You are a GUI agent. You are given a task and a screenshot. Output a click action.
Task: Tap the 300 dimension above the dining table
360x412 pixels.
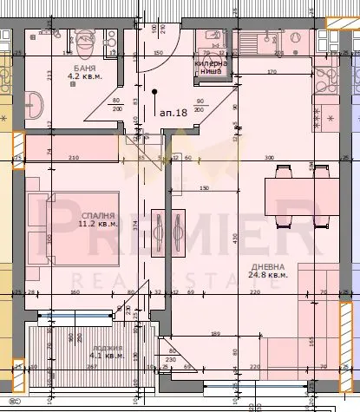click(x=269, y=157)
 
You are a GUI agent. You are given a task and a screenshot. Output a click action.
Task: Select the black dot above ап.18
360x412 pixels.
click(x=154, y=91)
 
